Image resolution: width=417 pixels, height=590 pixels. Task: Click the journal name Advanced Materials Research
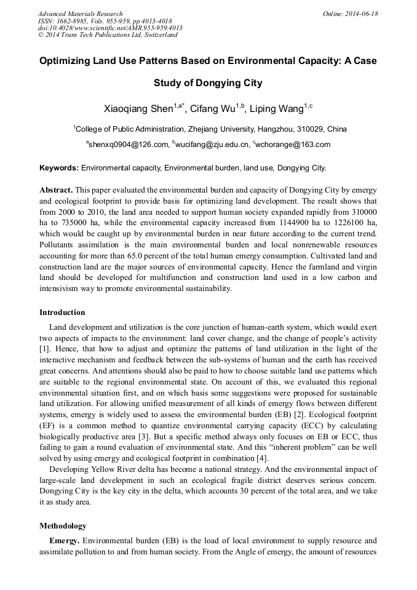point(80,14)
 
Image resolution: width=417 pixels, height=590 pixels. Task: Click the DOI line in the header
point(110,28)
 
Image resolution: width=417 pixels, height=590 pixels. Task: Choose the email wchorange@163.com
point(293,145)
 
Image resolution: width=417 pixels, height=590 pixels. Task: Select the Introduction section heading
point(62,313)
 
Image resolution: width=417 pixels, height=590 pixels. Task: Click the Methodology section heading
point(63,526)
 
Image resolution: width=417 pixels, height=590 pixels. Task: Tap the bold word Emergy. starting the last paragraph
point(65,541)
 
